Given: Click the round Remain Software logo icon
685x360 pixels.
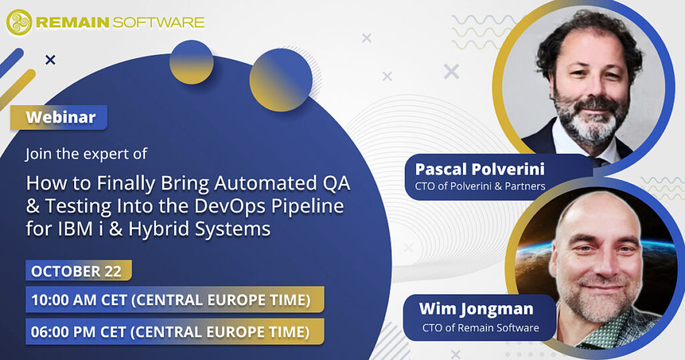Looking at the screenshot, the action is point(19,22).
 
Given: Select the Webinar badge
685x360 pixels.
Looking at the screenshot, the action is point(59,117).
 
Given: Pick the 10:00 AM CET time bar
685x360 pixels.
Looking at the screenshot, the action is point(175,300).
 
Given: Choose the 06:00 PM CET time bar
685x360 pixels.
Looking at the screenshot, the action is point(175,332).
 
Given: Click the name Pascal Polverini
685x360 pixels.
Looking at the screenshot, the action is point(480,169).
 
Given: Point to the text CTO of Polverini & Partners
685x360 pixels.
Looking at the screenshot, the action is point(480,186).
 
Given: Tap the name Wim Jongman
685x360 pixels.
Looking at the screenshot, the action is point(476,309).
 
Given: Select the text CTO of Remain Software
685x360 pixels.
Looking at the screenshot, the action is point(480,328).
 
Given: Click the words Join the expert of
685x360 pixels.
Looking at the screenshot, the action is point(86,154).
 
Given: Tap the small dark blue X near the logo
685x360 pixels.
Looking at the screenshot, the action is point(50,60).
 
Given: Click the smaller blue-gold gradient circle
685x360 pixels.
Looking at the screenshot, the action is point(191,62).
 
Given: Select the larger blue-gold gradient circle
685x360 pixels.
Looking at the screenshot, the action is point(281,80).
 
